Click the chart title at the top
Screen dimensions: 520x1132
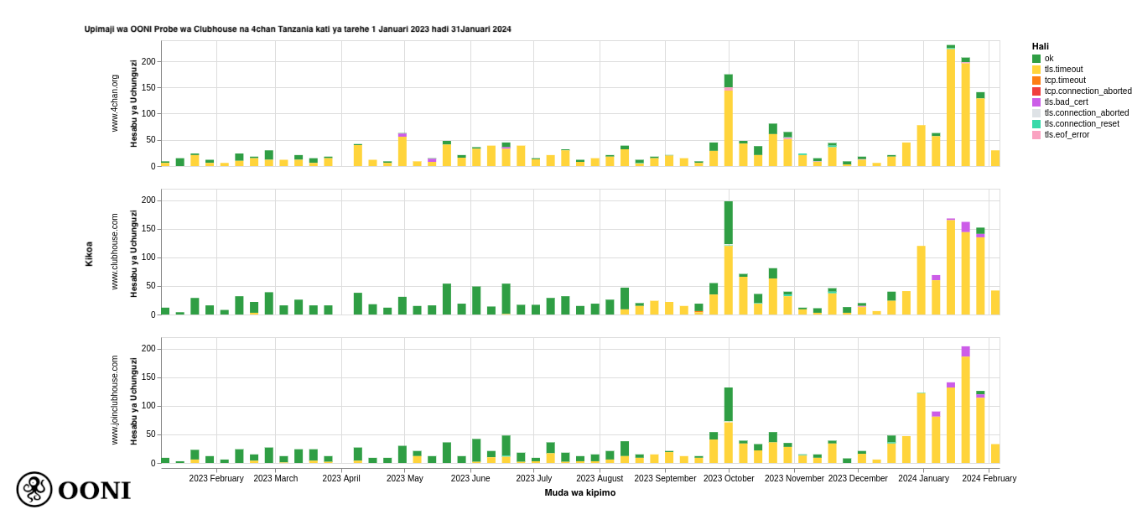pyautogui.click(x=298, y=29)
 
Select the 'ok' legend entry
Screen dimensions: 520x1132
pyautogui.click(x=1048, y=59)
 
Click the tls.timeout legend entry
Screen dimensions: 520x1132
pyautogui.click(x=1063, y=70)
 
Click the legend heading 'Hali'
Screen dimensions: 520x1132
pyautogui.click(x=1040, y=47)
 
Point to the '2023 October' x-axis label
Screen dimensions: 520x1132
pyautogui.click(x=729, y=479)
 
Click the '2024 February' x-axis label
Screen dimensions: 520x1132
pyautogui.click(x=989, y=479)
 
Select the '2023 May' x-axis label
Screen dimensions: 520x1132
pyautogui.click(x=405, y=479)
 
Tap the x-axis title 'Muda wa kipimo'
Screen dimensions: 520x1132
pyautogui.click(x=579, y=493)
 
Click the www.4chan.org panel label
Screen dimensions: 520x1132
pyautogui.click(x=115, y=103)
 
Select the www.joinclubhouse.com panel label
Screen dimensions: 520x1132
pyautogui.click(x=115, y=400)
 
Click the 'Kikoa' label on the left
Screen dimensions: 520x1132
pyautogui.click(x=89, y=253)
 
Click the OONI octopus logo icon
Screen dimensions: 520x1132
pyautogui.click(x=34, y=489)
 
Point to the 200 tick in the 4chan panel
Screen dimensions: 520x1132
pyautogui.click(x=148, y=62)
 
